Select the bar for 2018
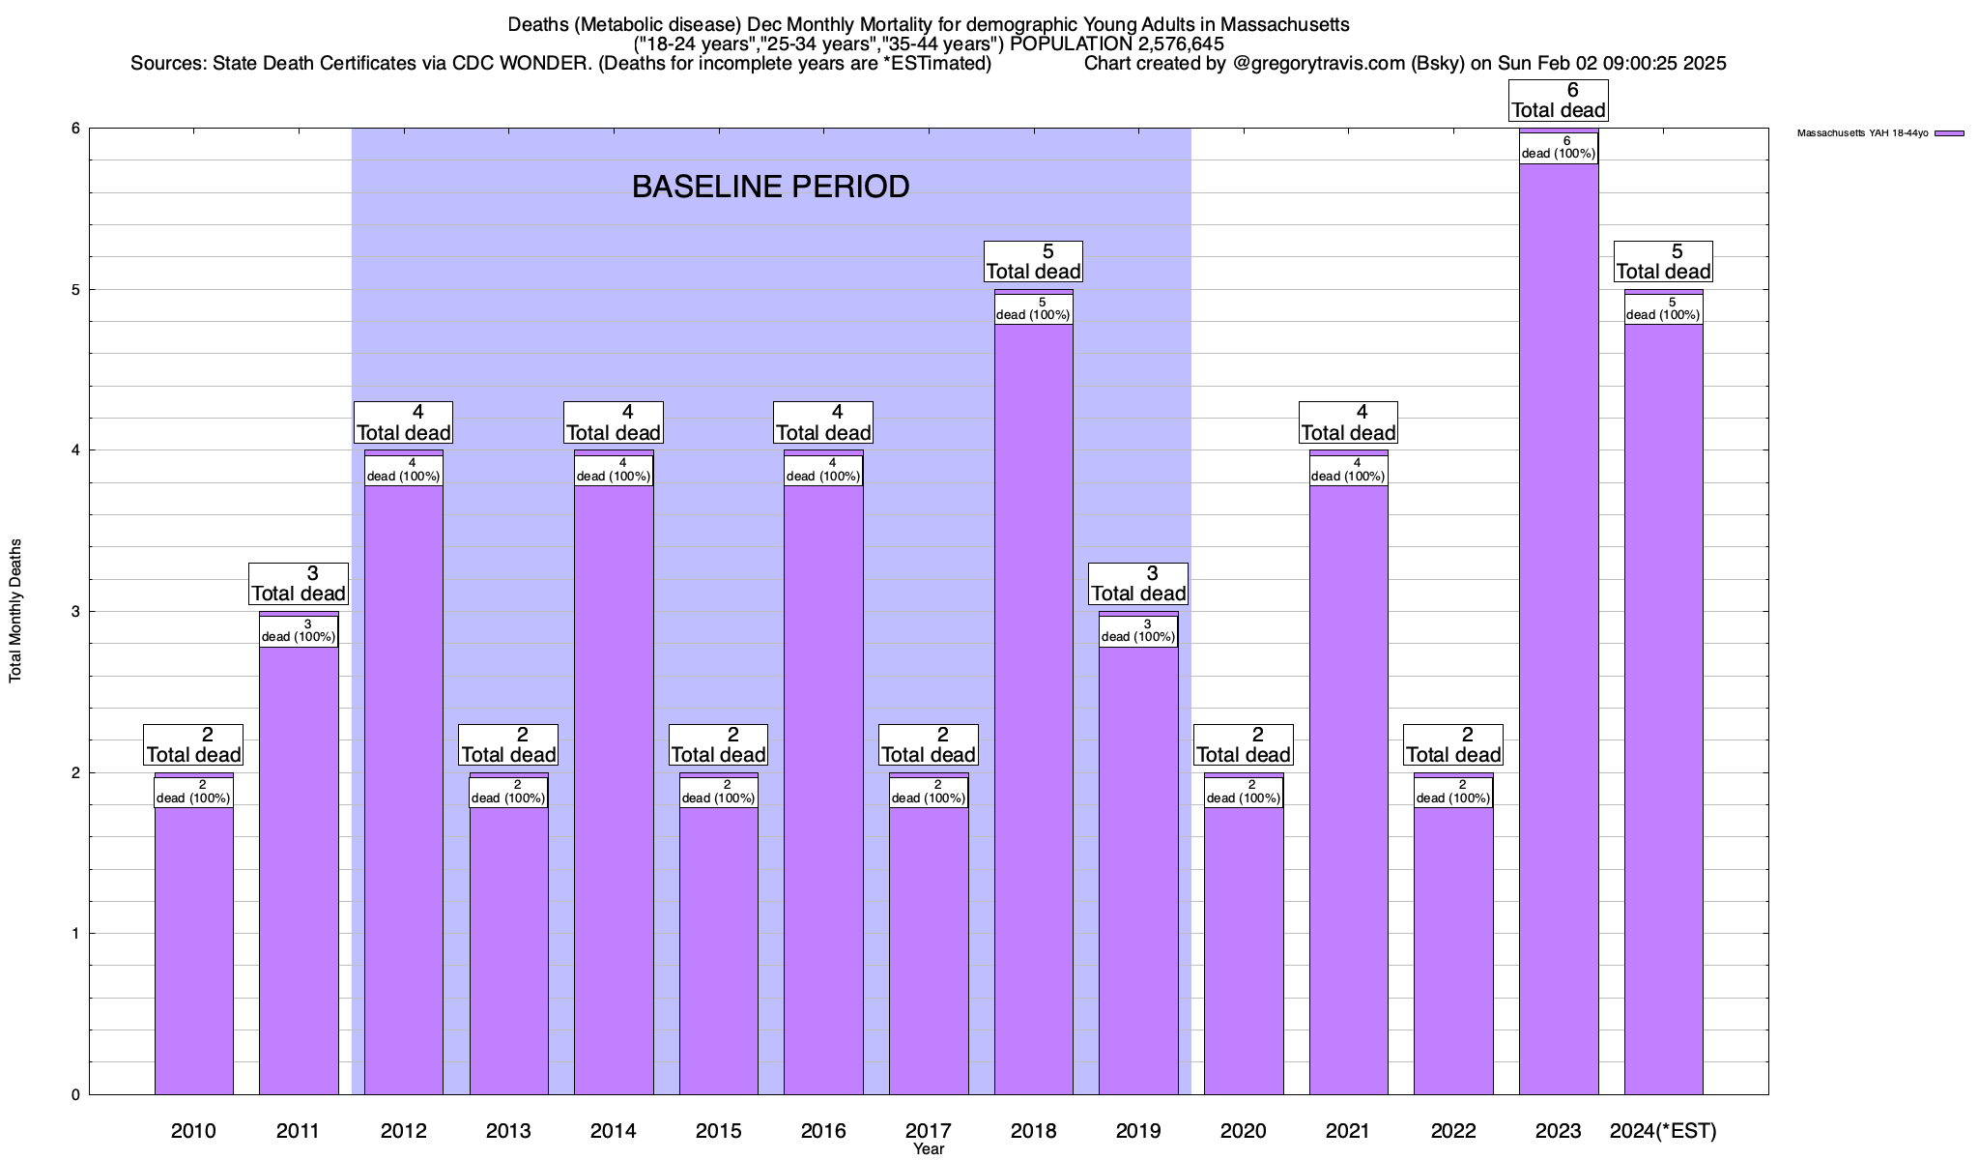click(x=1033, y=706)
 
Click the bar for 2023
click(x=1558, y=628)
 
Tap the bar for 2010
click(x=193, y=947)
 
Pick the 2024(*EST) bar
click(x=1663, y=706)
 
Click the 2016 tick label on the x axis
click(x=823, y=1130)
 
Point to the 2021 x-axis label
click(x=1348, y=1130)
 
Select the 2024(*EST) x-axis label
click(x=1663, y=1130)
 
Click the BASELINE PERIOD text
click(x=770, y=187)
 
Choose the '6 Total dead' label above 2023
click(x=1558, y=101)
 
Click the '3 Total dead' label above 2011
click(x=298, y=584)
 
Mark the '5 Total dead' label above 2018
click(x=1033, y=262)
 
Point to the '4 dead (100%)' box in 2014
click(x=614, y=470)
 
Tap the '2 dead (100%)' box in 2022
click(x=1453, y=792)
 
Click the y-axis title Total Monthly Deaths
click(x=15, y=611)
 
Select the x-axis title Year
click(x=929, y=1149)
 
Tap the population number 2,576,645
click(x=1168, y=43)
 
